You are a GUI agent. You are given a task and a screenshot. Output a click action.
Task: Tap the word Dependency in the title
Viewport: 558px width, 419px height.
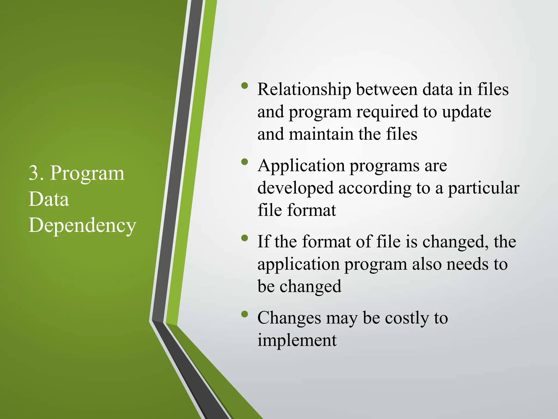tap(82, 225)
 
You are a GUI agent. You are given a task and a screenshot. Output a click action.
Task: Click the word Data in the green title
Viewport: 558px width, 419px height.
tap(49, 199)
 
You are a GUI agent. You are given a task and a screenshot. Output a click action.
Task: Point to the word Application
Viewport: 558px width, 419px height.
tap(301, 166)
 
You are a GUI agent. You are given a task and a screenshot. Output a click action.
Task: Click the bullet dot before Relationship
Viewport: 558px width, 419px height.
tap(245, 86)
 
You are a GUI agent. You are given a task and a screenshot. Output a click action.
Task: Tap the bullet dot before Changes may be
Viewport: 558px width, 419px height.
tap(245, 314)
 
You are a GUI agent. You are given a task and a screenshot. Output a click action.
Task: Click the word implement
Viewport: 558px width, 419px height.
tap(297, 340)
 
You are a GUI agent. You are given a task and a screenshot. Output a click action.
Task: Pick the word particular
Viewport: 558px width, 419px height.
tap(484, 188)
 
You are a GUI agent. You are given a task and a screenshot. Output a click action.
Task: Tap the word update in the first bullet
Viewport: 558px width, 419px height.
tap(466, 112)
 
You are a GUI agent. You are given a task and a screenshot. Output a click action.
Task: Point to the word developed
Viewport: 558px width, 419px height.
tap(295, 188)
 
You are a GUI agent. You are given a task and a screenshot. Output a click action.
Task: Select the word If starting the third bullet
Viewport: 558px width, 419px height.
tap(264, 242)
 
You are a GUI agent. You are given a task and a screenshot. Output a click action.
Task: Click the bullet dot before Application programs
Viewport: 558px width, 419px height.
tap(245, 162)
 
